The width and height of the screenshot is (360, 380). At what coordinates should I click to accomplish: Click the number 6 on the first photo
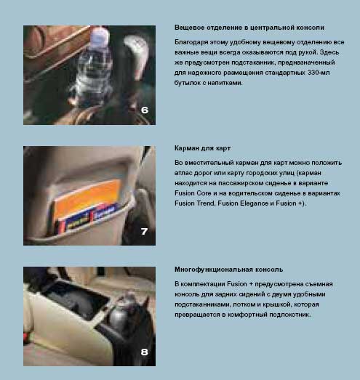(x=144, y=110)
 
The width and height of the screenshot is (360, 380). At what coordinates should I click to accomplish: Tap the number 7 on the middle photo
(x=144, y=231)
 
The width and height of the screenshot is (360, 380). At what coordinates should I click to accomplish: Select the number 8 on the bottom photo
(x=144, y=352)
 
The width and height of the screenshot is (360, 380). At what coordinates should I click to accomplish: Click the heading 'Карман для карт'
(x=202, y=148)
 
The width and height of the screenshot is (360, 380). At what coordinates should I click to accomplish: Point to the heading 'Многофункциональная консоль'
(x=229, y=270)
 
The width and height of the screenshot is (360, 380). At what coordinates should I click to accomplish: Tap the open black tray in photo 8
(x=75, y=299)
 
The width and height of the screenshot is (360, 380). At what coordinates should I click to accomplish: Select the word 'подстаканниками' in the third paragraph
(x=202, y=304)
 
